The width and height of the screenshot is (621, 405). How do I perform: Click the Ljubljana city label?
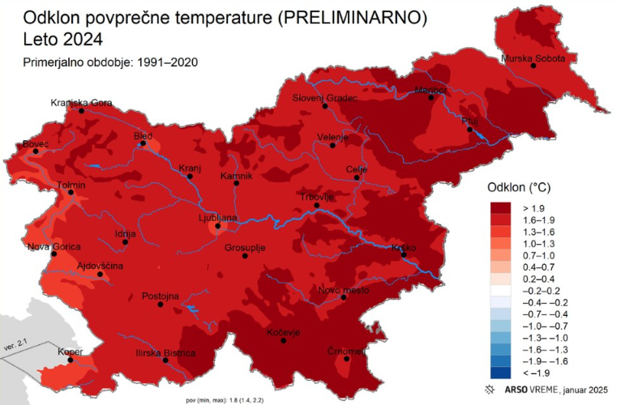[x=218, y=218]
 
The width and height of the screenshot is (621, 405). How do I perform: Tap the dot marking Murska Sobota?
[x=533, y=66]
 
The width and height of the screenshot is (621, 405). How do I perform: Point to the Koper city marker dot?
[x=71, y=360]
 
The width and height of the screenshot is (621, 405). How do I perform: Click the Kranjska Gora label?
[x=81, y=103]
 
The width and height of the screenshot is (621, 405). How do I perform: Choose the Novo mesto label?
[x=343, y=290]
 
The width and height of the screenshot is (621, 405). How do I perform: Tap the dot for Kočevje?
[x=283, y=341]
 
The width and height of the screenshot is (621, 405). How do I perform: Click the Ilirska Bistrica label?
[x=165, y=353]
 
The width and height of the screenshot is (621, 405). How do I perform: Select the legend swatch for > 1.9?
[x=505, y=207]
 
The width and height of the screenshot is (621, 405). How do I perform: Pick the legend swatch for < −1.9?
[x=505, y=373]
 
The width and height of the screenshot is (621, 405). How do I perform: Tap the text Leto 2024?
[x=58, y=39]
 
